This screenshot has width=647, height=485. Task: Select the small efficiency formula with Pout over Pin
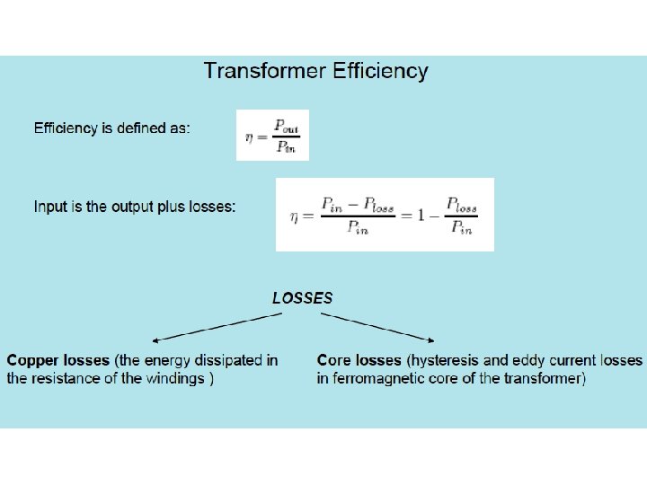coord(272,136)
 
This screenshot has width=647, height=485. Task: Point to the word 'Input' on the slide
coord(50,207)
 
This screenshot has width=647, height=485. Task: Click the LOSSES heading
coord(302,297)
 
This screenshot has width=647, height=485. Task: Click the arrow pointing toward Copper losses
coord(215,328)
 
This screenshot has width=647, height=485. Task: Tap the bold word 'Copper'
coord(33,360)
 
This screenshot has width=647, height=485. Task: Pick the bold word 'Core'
coord(334,360)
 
